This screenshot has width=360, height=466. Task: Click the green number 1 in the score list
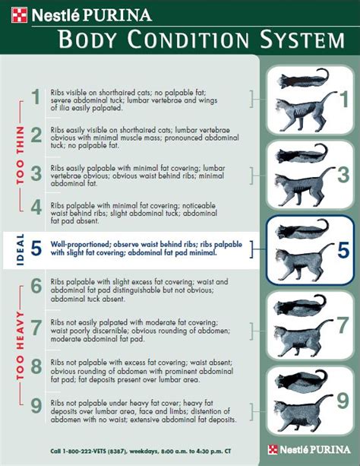pyautogui.click(x=35, y=97)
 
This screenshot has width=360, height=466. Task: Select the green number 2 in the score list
pyautogui.click(x=35, y=135)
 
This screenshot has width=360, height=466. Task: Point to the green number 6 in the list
pyautogui.click(x=35, y=287)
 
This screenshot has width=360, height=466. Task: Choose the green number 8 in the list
pyautogui.click(x=35, y=368)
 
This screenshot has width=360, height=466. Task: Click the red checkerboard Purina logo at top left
pyautogui.click(x=19, y=13)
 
